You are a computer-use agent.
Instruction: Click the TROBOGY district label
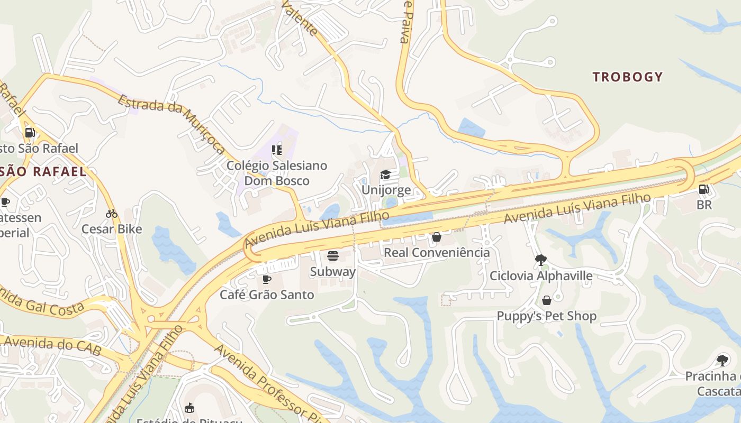pyautogui.click(x=628, y=77)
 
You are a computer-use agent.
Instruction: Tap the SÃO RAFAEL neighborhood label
pyautogui.click(x=43, y=171)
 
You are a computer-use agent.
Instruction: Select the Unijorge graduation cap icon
pyautogui.click(x=385, y=175)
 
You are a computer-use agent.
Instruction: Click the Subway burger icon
pyautogui.click(x=333, y=256)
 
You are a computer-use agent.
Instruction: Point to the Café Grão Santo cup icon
pyautogui.click(x=267, y=279)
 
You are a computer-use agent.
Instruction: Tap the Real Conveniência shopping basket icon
pyautogui.click(x=437, y=237)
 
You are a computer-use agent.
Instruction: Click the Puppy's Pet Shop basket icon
pyautogui.click(x=547, y=300)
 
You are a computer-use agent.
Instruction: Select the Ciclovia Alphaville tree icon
pyautogui.click(x=540, y=260)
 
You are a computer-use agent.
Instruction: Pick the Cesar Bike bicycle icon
pyautogui.click(x=112, y=214)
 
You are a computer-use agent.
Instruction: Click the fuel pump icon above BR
pyautogui.click(x=703, y=189)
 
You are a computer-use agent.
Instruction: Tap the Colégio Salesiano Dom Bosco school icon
pyautogui.click(x=276, y=150)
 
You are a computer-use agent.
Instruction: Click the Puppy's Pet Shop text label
pyautogui.click(x=546, y=316)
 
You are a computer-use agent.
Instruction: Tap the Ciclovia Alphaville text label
pyautogui.click(x=541, y=275)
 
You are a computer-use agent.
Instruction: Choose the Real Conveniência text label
pyautogui.click(x=437, y=252)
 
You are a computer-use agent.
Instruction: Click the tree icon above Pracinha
pyautogui.click(x=722, y=361)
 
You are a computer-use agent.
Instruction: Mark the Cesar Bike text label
pyautogui.click(x=112, y=229)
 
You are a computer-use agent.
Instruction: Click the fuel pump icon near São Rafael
pyautogui.click(x=30, y=132)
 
